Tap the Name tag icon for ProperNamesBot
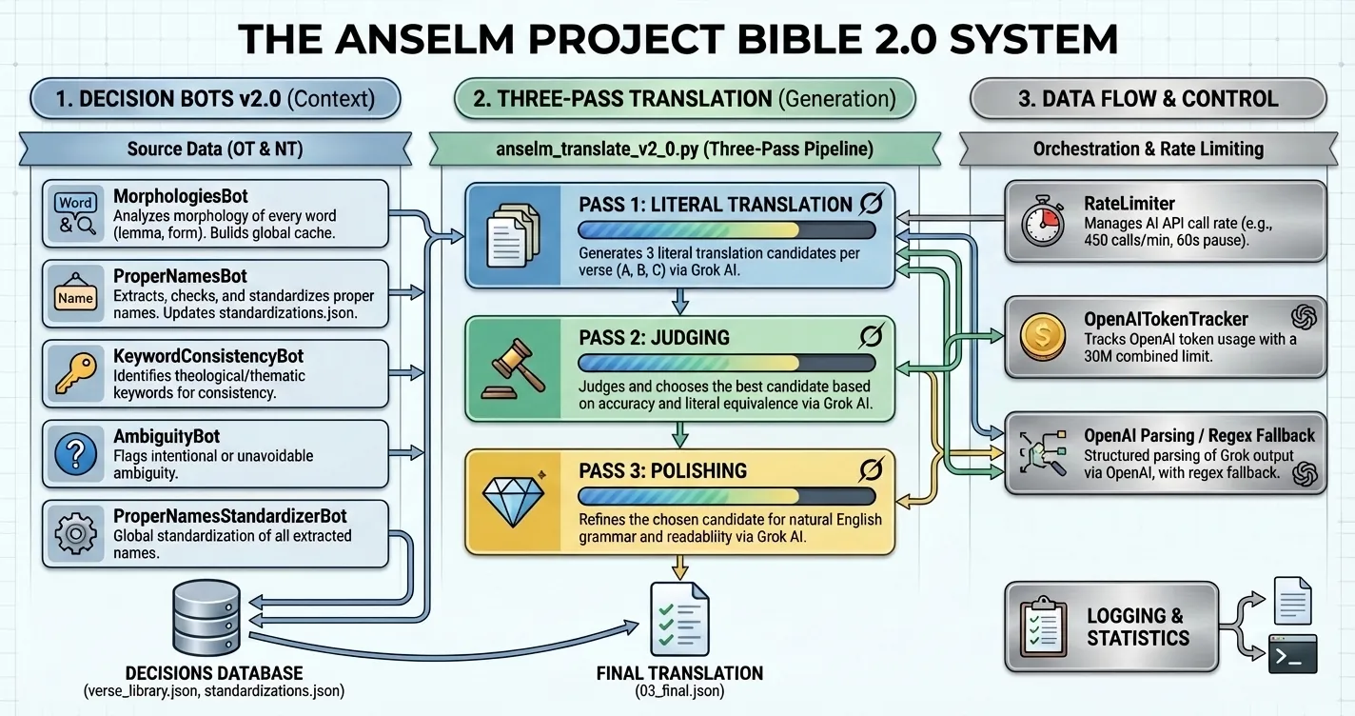(x=76, y=296)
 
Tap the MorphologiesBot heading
(x=181, y=197)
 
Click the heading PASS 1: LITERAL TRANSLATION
(x=715, y=204)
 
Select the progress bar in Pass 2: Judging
(x=726, y=363)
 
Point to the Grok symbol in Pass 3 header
(x=870, y=469)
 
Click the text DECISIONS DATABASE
(x=214, y=673)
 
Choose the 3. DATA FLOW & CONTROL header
(x=1148, y=99)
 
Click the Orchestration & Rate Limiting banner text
(x=1148, y=149)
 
